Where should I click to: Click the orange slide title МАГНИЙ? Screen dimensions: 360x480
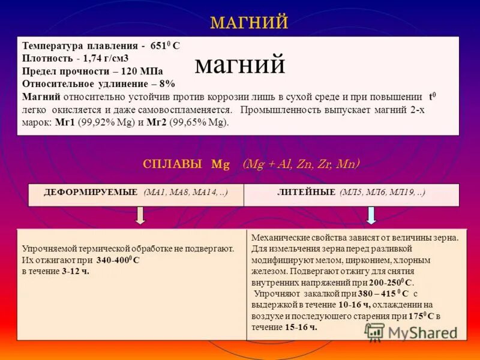tap(249, 23)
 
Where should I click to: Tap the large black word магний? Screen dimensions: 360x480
tap(240, 65)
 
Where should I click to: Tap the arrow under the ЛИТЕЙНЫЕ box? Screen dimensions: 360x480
tap(371, 215)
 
